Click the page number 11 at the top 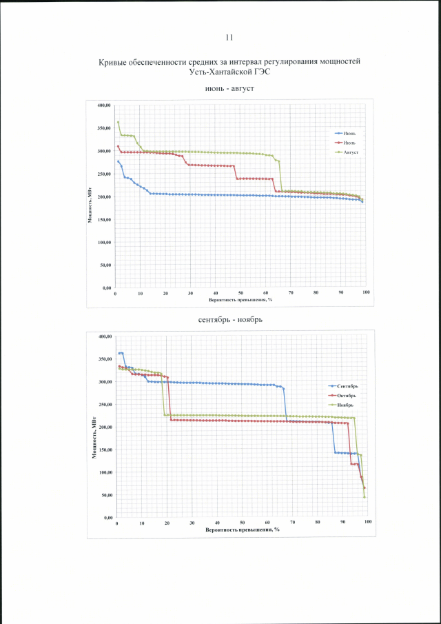point(229,37)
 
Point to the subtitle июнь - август point(229,89)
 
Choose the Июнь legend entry point(348,132)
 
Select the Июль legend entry point(348,141)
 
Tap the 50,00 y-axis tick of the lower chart point(105,495)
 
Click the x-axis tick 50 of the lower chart point(242,523)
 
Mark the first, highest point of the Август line point(118,122)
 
